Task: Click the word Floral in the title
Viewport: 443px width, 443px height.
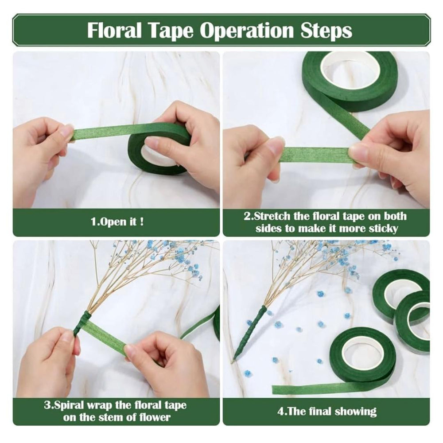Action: point(114,30)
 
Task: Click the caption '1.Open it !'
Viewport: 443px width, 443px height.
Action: point(117,222)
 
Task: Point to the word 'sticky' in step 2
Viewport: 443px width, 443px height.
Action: point(383,228)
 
